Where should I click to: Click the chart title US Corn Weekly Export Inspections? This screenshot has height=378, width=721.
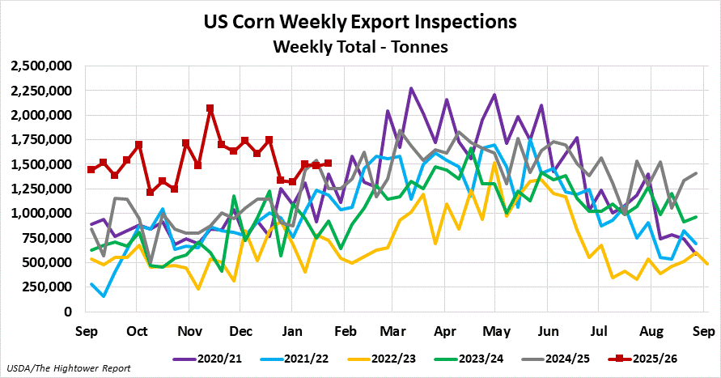(360, 20)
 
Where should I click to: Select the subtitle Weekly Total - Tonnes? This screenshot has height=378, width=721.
(360, 47)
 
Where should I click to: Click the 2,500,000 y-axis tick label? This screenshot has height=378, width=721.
(43, 66)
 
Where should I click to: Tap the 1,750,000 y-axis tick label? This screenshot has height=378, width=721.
(43, 139)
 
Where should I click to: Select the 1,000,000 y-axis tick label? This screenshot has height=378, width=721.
(43, 214)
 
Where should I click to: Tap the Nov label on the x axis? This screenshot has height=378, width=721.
(189, 331)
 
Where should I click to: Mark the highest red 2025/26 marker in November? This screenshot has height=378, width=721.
(210, 108)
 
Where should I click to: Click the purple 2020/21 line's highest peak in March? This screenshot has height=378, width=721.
(411, 88)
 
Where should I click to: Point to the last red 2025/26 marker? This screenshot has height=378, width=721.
(328, 164)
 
